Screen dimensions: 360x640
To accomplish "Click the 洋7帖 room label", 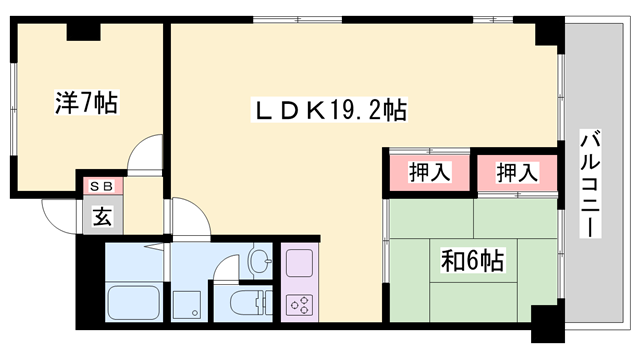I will [85, 101].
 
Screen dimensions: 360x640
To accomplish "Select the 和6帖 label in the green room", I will [472, 261].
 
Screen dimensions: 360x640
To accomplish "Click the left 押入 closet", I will [430, 173].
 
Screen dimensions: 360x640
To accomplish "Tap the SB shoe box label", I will [101, 186].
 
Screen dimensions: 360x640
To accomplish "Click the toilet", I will [248, 301].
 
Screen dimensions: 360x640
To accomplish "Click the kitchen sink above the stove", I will [300, 264].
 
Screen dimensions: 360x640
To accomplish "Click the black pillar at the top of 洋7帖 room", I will [83, 31].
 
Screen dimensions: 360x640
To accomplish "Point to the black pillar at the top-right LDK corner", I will [548, 32].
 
